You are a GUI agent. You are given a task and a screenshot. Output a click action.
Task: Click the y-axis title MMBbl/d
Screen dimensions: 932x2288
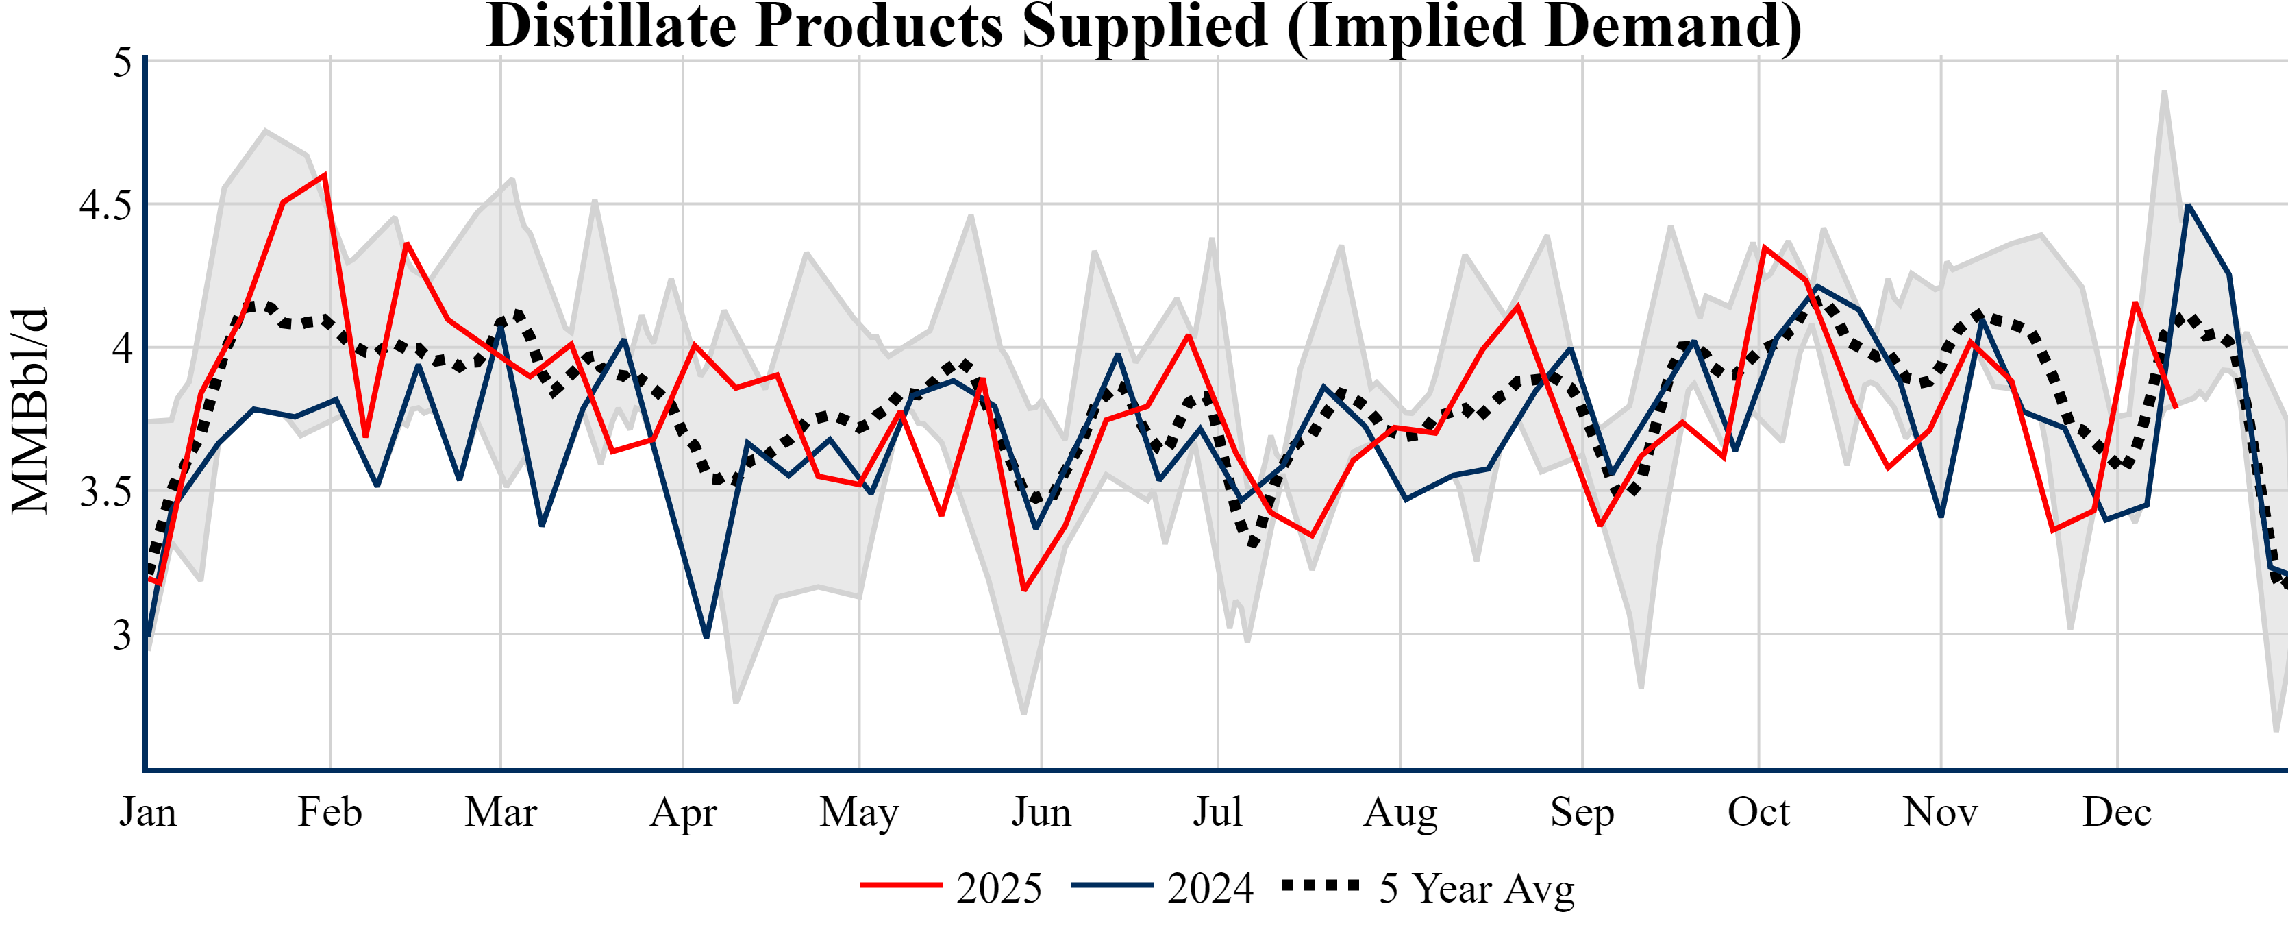[30, 410]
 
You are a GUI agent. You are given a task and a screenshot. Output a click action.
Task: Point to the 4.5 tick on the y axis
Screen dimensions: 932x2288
[105, 205]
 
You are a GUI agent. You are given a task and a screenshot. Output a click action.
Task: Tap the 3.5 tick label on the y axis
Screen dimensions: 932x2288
[105, 491]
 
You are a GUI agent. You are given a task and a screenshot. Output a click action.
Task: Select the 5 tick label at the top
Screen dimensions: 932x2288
[122, 62]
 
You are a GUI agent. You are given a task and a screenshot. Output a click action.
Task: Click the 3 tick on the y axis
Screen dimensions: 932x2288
[122, 635]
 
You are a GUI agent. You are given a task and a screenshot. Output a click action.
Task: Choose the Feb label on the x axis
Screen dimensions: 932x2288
[329, 812]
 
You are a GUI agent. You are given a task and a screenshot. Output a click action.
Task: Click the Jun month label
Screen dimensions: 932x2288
[1041, 812]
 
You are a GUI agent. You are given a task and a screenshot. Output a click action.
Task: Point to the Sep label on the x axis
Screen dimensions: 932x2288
[1582, 812]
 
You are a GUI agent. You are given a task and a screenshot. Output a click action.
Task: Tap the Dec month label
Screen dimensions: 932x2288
[2117, 812]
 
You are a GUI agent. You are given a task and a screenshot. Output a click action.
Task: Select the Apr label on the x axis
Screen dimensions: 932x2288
[683, 812]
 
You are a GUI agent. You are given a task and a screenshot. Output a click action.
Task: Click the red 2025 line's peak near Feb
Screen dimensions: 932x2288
[325, 174]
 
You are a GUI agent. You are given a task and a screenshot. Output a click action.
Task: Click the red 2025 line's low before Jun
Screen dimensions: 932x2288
[1024, 590]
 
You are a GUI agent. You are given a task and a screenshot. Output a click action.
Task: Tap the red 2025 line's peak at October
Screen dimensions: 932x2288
[1764, 247]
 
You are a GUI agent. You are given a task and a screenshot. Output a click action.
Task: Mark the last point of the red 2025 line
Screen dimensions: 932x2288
[2175, 408]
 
